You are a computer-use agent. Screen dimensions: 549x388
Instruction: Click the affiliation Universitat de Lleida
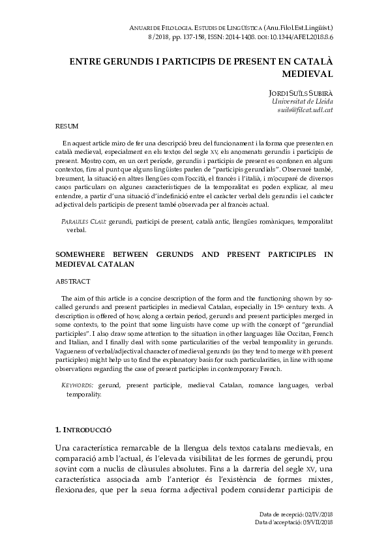tap(302, 102)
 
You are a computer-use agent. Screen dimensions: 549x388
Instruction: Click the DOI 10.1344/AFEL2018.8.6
tap(303, 38)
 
